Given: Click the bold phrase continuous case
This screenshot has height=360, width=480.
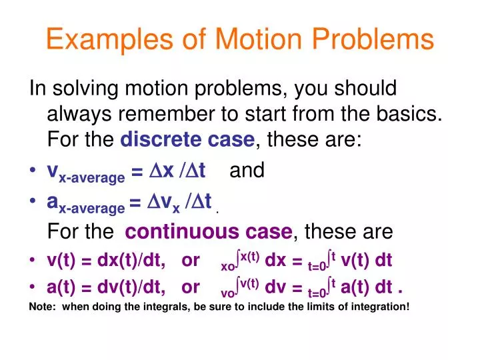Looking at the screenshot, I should (209, 232).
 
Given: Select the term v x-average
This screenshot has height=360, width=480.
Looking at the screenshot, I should (85, 173).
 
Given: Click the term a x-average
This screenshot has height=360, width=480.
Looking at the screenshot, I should (85, 202).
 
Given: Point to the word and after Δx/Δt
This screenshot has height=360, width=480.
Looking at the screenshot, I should (247, 171).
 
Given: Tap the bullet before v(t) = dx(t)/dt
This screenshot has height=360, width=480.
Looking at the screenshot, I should (33, 261).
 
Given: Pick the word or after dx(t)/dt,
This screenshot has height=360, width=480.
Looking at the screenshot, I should (190, 261).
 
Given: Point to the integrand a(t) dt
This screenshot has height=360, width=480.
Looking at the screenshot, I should (365, 287).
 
